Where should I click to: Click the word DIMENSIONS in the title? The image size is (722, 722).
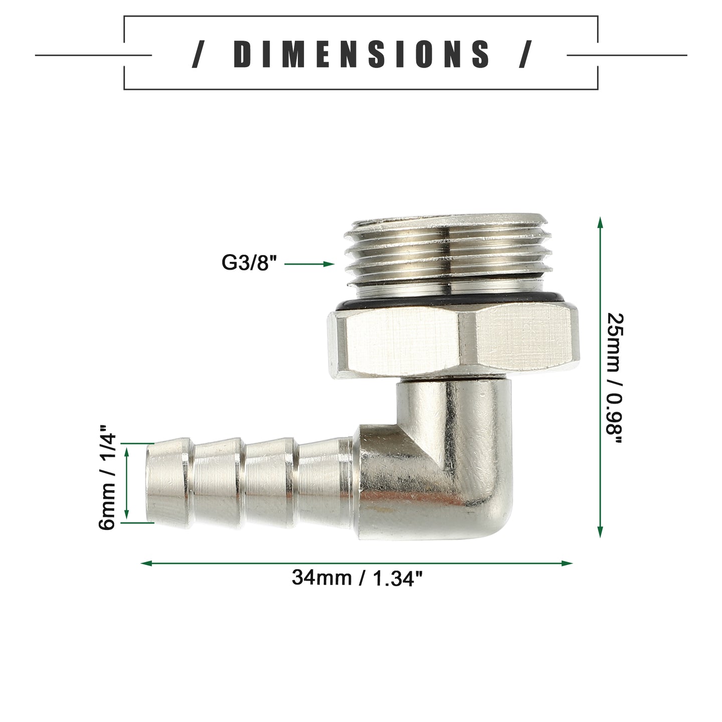click(362, 54)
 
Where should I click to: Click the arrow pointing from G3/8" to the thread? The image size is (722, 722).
click(309, 264)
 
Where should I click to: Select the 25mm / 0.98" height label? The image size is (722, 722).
click(615, 378)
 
